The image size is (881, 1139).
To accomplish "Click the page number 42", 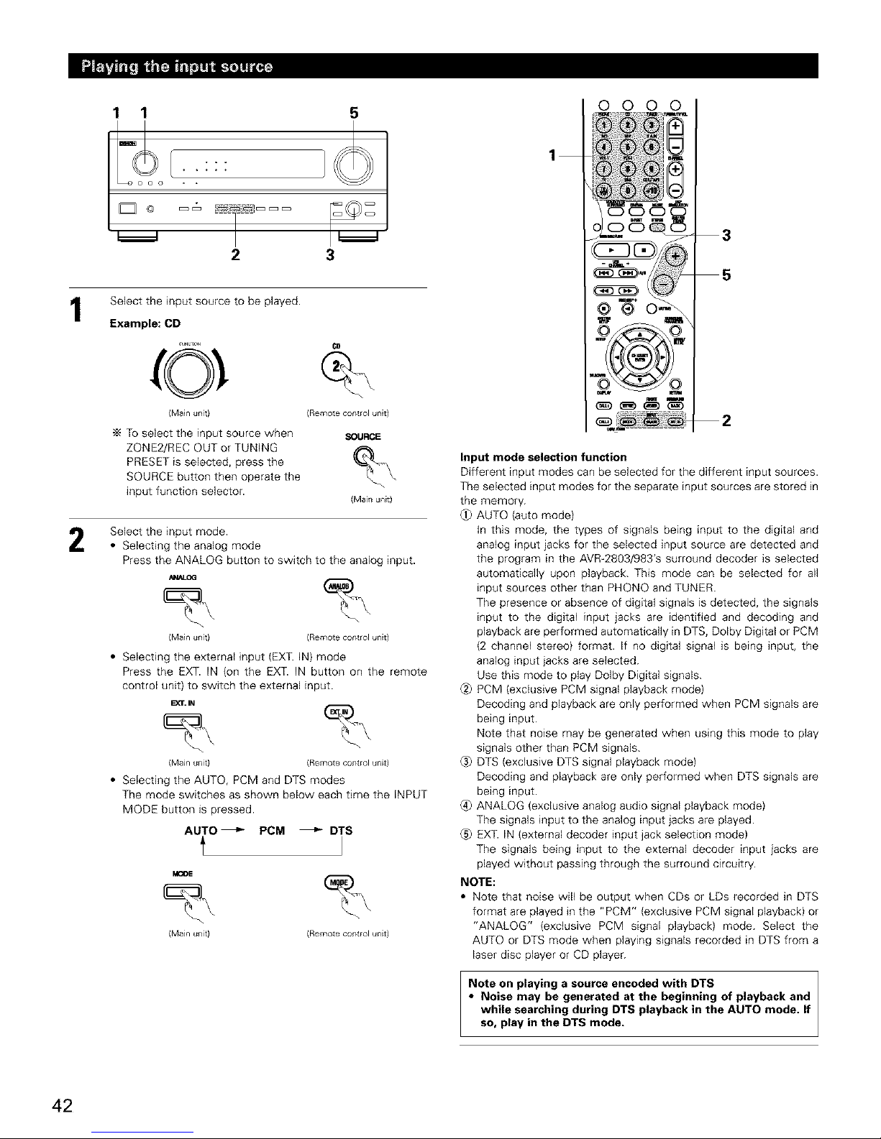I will (62, 1105).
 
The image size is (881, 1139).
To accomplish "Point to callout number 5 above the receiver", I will (353, 113).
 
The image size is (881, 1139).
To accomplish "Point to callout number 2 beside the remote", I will (726, 422).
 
